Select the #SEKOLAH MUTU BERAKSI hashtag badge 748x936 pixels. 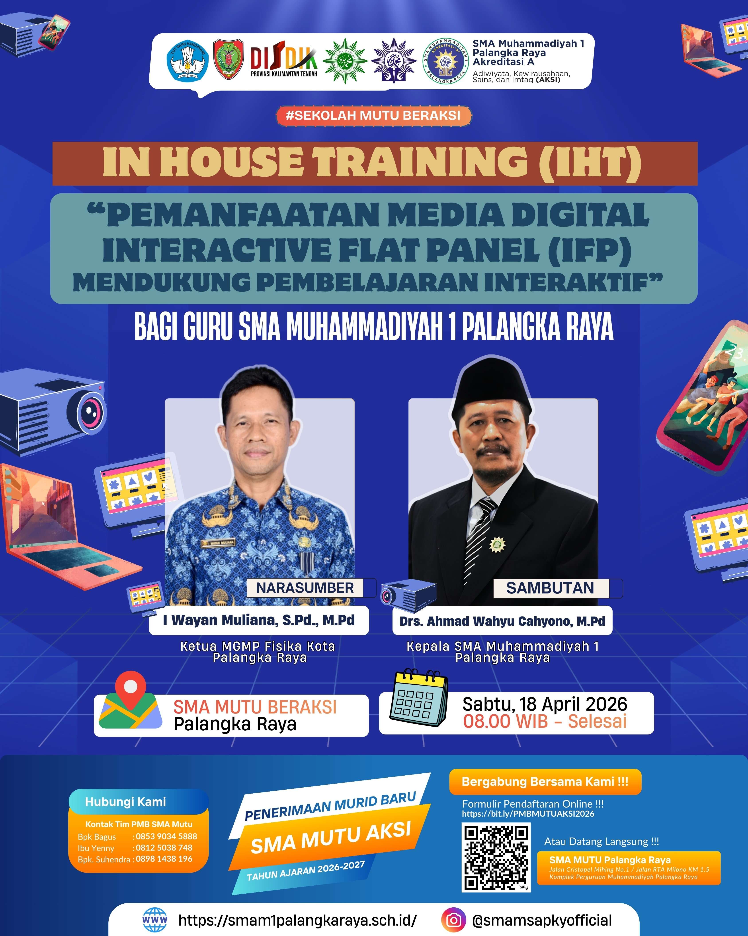tap(373, 116)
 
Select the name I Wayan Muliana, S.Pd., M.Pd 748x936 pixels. tap(259, 620)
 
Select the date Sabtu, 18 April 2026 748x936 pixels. tap(545, 704)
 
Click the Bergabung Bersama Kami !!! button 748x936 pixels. tap(545, 781)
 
